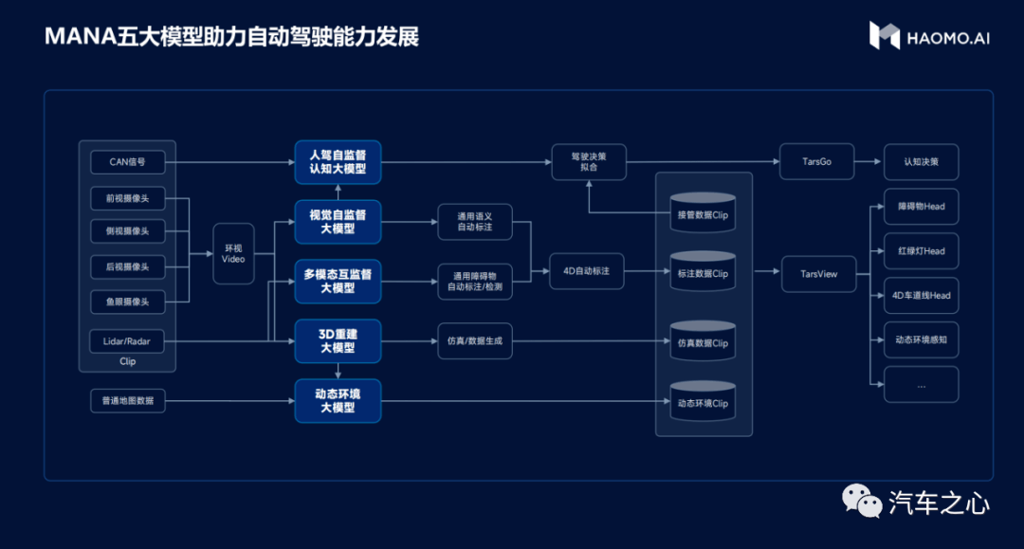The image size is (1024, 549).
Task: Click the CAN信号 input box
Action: [x=127, y=162]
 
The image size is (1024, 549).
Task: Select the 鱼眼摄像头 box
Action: [x=127, y=302]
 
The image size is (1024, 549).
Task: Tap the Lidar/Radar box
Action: [x=127, y=340]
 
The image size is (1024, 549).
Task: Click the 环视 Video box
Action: [x=233, y=253]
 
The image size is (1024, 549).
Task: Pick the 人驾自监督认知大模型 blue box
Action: [x=338, y=162]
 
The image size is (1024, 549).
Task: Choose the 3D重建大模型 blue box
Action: [x=338, y=340]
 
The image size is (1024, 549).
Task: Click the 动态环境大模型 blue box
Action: [x=338, y=401]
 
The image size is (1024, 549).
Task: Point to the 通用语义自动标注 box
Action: [x=475, y=222]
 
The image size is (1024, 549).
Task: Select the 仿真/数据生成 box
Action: [x=475, y=340]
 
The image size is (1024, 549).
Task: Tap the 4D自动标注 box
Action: [x=587, y=271]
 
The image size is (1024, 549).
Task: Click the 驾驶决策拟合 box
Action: [x=589, y=162]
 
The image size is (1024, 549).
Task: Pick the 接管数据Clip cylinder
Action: [x=703, y=212]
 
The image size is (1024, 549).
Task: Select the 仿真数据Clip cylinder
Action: [x=703, y=340]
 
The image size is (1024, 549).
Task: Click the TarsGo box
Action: [x=817, y=161]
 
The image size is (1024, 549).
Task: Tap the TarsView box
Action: [x=819, y=274]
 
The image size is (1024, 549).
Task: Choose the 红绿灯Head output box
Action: [x=922, y=250]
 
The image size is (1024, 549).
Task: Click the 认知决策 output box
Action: [x=922, y=162]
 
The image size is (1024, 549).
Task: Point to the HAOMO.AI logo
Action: [x=929, y=36]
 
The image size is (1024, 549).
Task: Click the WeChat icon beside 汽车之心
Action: [x=861, y=502]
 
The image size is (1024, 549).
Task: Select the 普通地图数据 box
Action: [x=127, y=401]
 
